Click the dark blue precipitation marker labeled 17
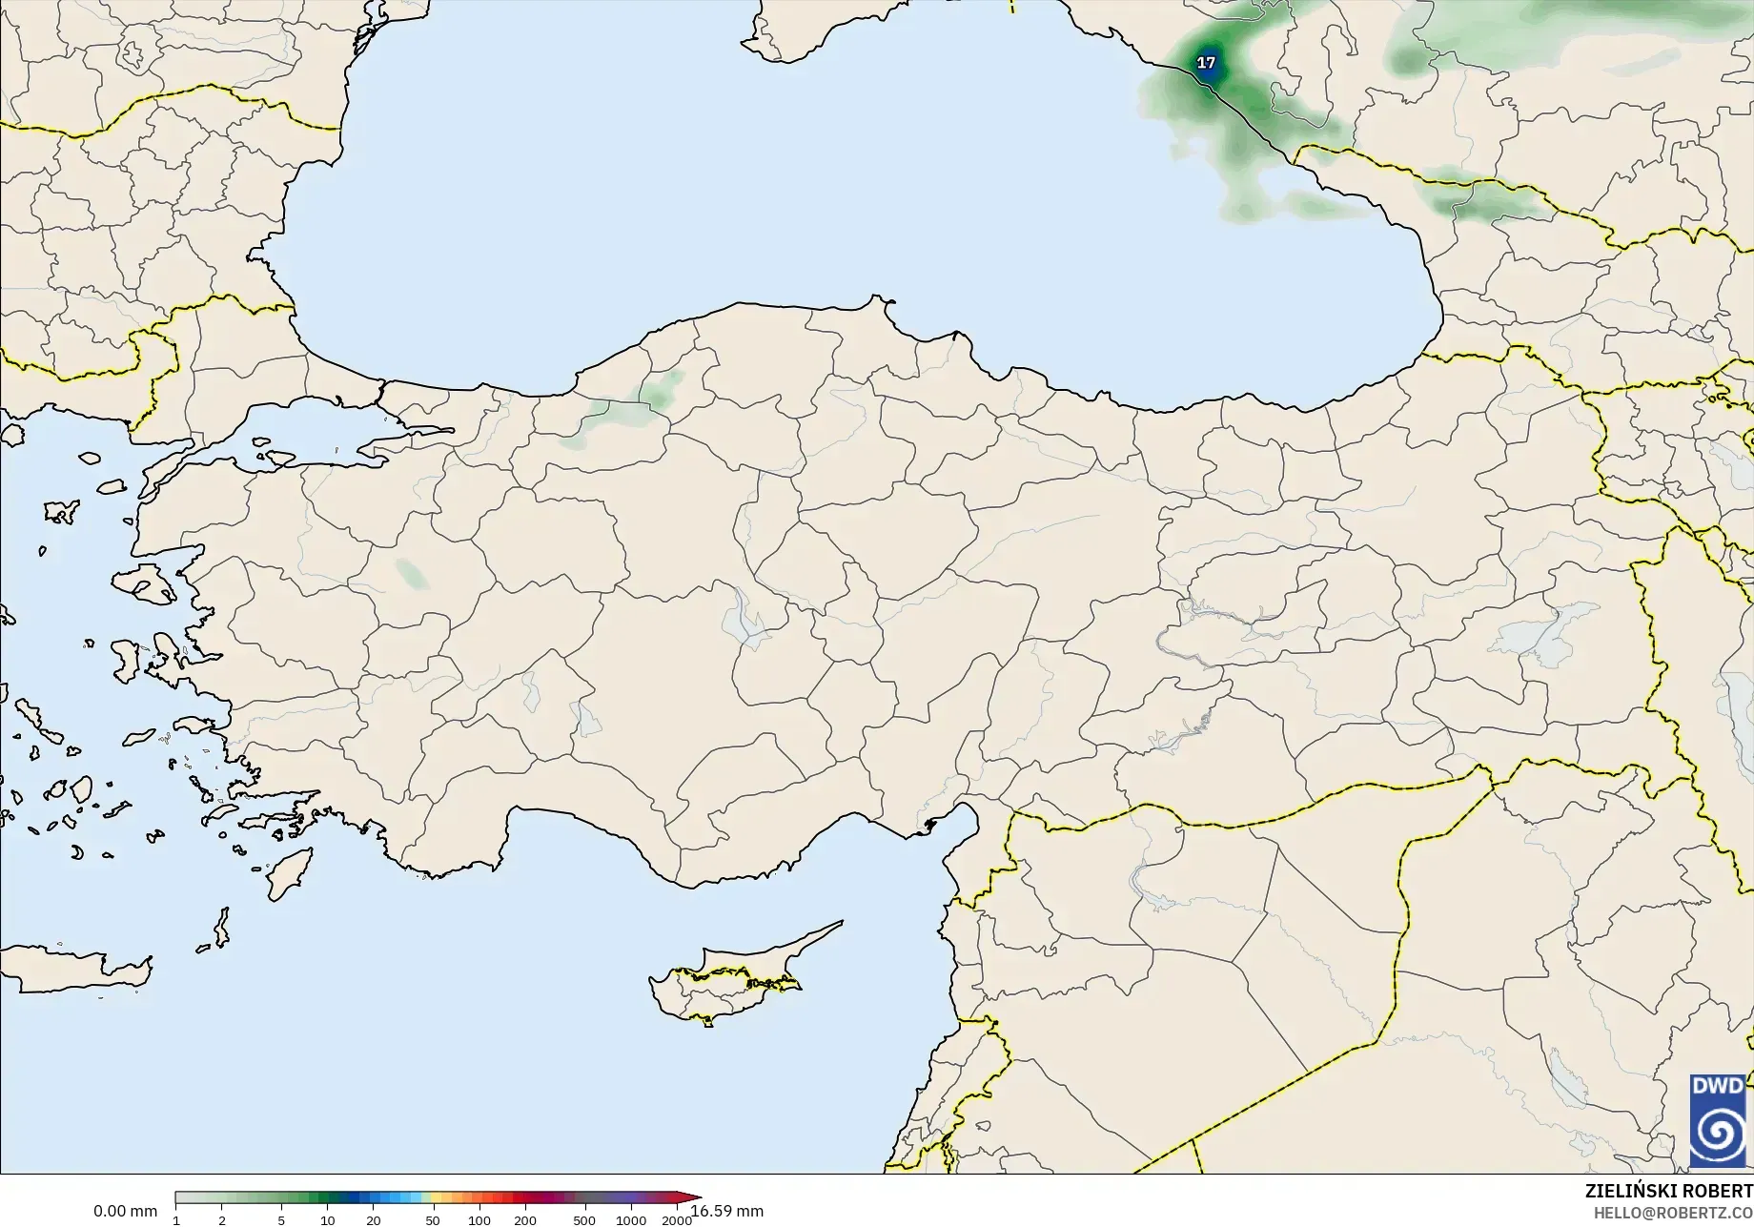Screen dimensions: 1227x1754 [1206, 63]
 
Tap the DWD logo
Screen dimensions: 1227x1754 [1718, 1120]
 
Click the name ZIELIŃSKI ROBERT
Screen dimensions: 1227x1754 [1668, 1191]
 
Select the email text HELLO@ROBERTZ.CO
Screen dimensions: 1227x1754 [1673, 1212]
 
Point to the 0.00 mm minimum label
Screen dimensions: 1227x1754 [125, 1211]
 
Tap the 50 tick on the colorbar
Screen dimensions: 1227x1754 [433, 1220]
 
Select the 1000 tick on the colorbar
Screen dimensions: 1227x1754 [630, 1220]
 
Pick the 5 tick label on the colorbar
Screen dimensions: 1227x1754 [281, 1220]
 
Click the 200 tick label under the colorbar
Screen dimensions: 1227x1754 [525, 1220]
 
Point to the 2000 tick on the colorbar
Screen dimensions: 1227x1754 [676, 1220]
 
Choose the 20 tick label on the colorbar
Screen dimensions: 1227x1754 [374, 1220]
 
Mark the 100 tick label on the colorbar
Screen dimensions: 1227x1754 [479, 1220]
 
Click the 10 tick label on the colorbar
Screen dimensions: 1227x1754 [327, 1220]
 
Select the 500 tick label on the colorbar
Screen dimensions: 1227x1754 [584, 1220]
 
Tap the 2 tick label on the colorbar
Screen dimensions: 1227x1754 [222, 1220]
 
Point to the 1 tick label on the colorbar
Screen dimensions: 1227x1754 [176, 1220]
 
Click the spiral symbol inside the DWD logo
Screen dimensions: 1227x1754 [1718, 1134]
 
